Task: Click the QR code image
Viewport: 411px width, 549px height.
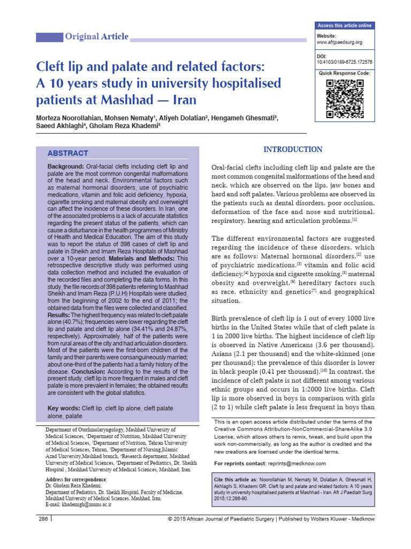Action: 345,98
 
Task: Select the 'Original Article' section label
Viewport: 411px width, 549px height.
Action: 96,37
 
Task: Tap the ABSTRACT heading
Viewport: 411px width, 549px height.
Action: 68,153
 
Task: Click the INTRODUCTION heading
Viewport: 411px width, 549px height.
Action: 293,150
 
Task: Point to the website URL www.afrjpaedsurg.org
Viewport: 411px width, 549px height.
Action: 340,42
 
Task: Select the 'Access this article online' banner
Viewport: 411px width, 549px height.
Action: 345,26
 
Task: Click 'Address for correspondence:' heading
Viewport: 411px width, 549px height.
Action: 77,479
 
